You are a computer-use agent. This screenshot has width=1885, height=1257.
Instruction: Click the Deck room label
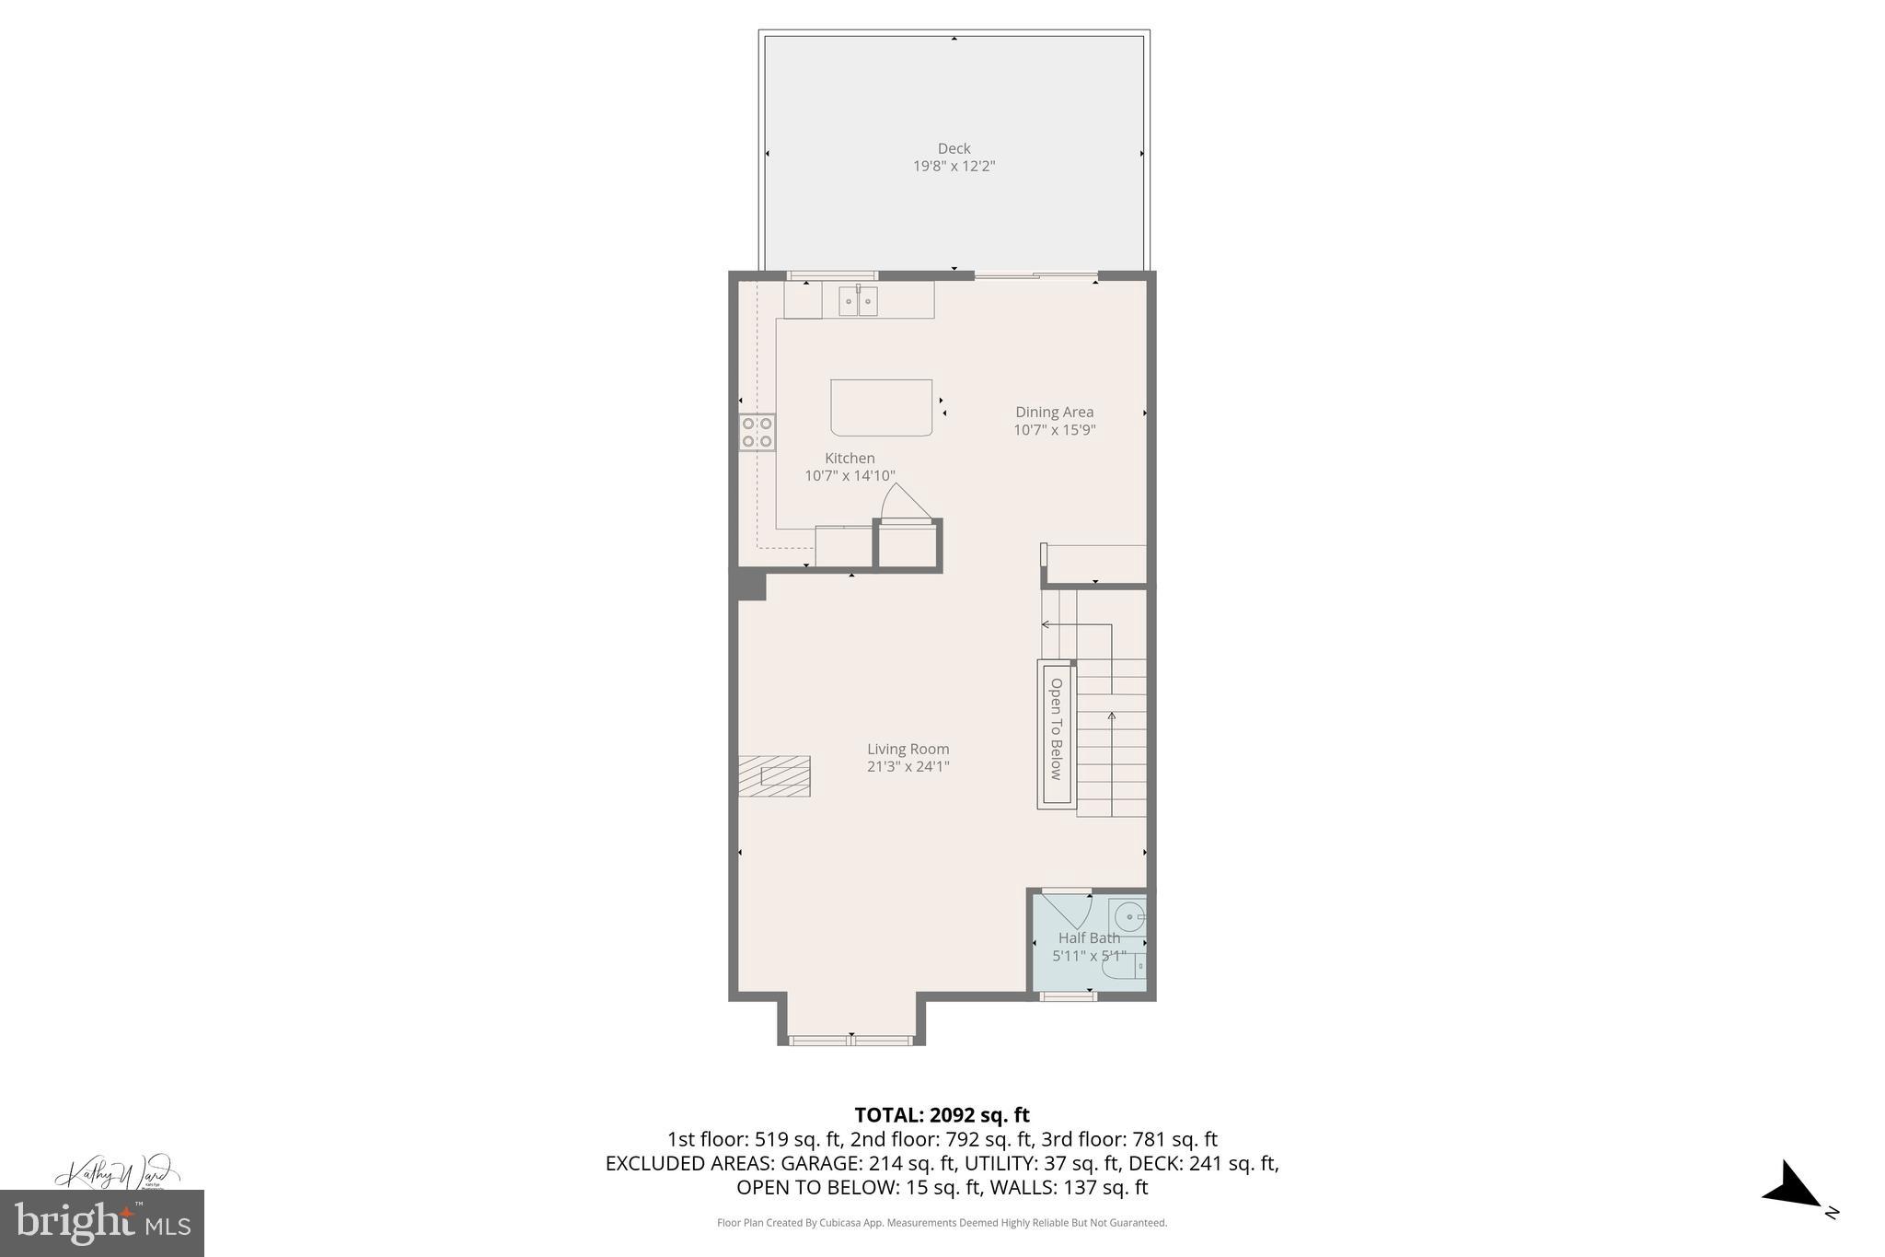coord(954,148)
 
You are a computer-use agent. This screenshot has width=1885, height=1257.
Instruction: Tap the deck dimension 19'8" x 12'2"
coord(954,167)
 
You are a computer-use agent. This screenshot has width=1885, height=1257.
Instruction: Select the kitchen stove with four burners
coord(757,432)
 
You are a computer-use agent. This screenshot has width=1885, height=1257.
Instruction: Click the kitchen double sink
coord(857,301)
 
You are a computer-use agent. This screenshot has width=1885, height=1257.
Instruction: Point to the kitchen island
coord(881,407)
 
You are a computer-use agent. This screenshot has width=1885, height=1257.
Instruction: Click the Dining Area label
coord(1054,413)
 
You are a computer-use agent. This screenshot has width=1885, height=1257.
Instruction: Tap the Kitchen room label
coord(850,459)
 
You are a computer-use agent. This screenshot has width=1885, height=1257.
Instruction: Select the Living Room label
coord(908,750)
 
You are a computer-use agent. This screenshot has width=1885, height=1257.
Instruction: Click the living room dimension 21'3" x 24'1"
coord(908,767)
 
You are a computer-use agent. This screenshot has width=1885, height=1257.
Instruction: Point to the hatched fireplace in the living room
coord(774,776)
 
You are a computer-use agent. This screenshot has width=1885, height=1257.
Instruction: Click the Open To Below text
coord(1056,729)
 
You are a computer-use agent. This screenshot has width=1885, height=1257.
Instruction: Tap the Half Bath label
coord(1089,938)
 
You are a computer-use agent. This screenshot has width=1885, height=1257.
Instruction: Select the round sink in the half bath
coord(1129,917)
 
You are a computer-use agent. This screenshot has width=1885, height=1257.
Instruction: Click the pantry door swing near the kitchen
coord(905,504)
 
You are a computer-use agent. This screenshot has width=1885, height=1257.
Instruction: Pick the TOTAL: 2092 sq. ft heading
coord(942,1115)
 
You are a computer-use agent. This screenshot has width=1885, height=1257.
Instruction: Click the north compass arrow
coord(1793,1198)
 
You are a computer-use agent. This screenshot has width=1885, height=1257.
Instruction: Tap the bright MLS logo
coord(102,1223)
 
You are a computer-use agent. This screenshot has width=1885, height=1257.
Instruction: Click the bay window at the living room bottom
coord(850,1041)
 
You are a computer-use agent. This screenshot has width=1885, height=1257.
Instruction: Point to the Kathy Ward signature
coord(115,1175)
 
